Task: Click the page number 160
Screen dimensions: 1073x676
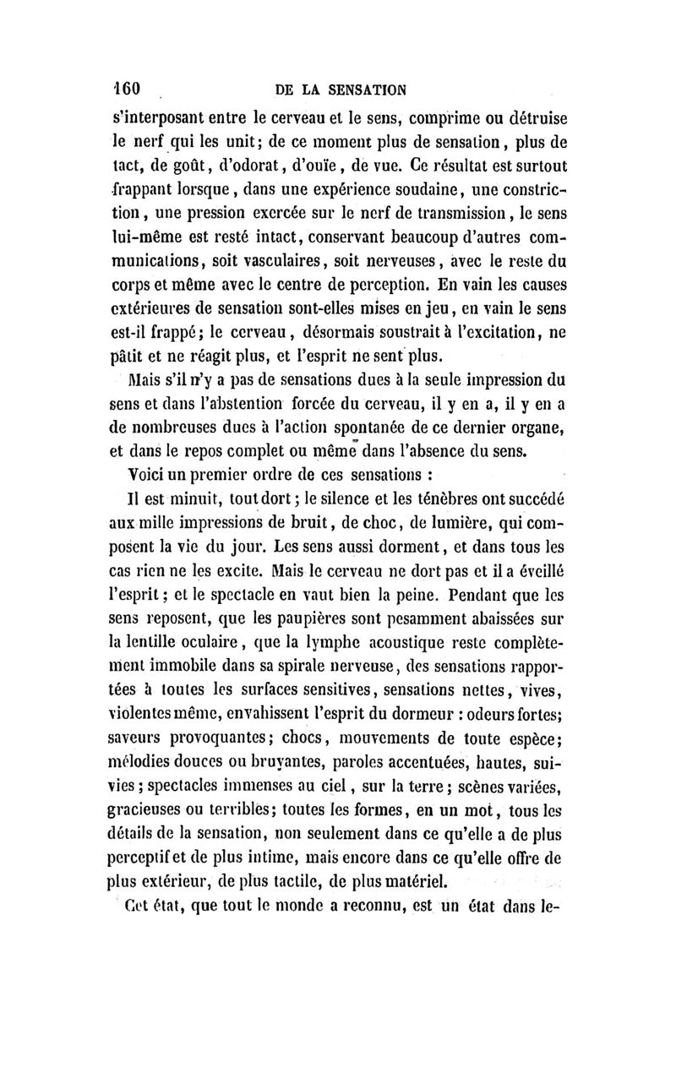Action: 131,90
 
